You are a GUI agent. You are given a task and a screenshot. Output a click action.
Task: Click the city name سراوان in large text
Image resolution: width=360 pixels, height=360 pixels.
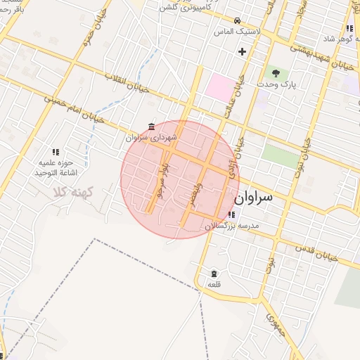point(266,199)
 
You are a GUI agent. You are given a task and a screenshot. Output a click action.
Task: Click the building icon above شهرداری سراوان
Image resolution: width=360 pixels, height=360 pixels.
point(152,127)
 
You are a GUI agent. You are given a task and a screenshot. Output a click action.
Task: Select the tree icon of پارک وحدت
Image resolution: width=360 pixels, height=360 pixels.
point(276,72)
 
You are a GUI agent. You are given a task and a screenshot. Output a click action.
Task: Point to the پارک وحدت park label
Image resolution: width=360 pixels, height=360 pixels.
point(274,84)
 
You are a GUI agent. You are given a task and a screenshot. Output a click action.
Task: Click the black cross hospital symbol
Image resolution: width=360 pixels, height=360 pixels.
point(243,51)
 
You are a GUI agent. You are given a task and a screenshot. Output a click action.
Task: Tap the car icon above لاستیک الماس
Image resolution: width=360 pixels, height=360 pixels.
point(238,21)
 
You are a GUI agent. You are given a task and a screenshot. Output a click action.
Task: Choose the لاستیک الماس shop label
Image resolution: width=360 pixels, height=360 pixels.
point(239,32)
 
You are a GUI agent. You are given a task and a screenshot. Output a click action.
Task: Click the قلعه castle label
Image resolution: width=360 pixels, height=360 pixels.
point(214,285)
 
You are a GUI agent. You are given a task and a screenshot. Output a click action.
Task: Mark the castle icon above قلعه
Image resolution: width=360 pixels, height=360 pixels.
point(214,274)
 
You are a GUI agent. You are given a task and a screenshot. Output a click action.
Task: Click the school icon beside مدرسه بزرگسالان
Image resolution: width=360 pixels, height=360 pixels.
point(232,214)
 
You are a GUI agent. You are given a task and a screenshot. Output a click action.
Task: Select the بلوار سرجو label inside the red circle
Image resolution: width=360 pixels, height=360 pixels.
point(162,180)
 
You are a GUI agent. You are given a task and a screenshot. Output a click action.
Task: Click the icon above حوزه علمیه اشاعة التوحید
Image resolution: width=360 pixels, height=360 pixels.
point(55,151)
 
